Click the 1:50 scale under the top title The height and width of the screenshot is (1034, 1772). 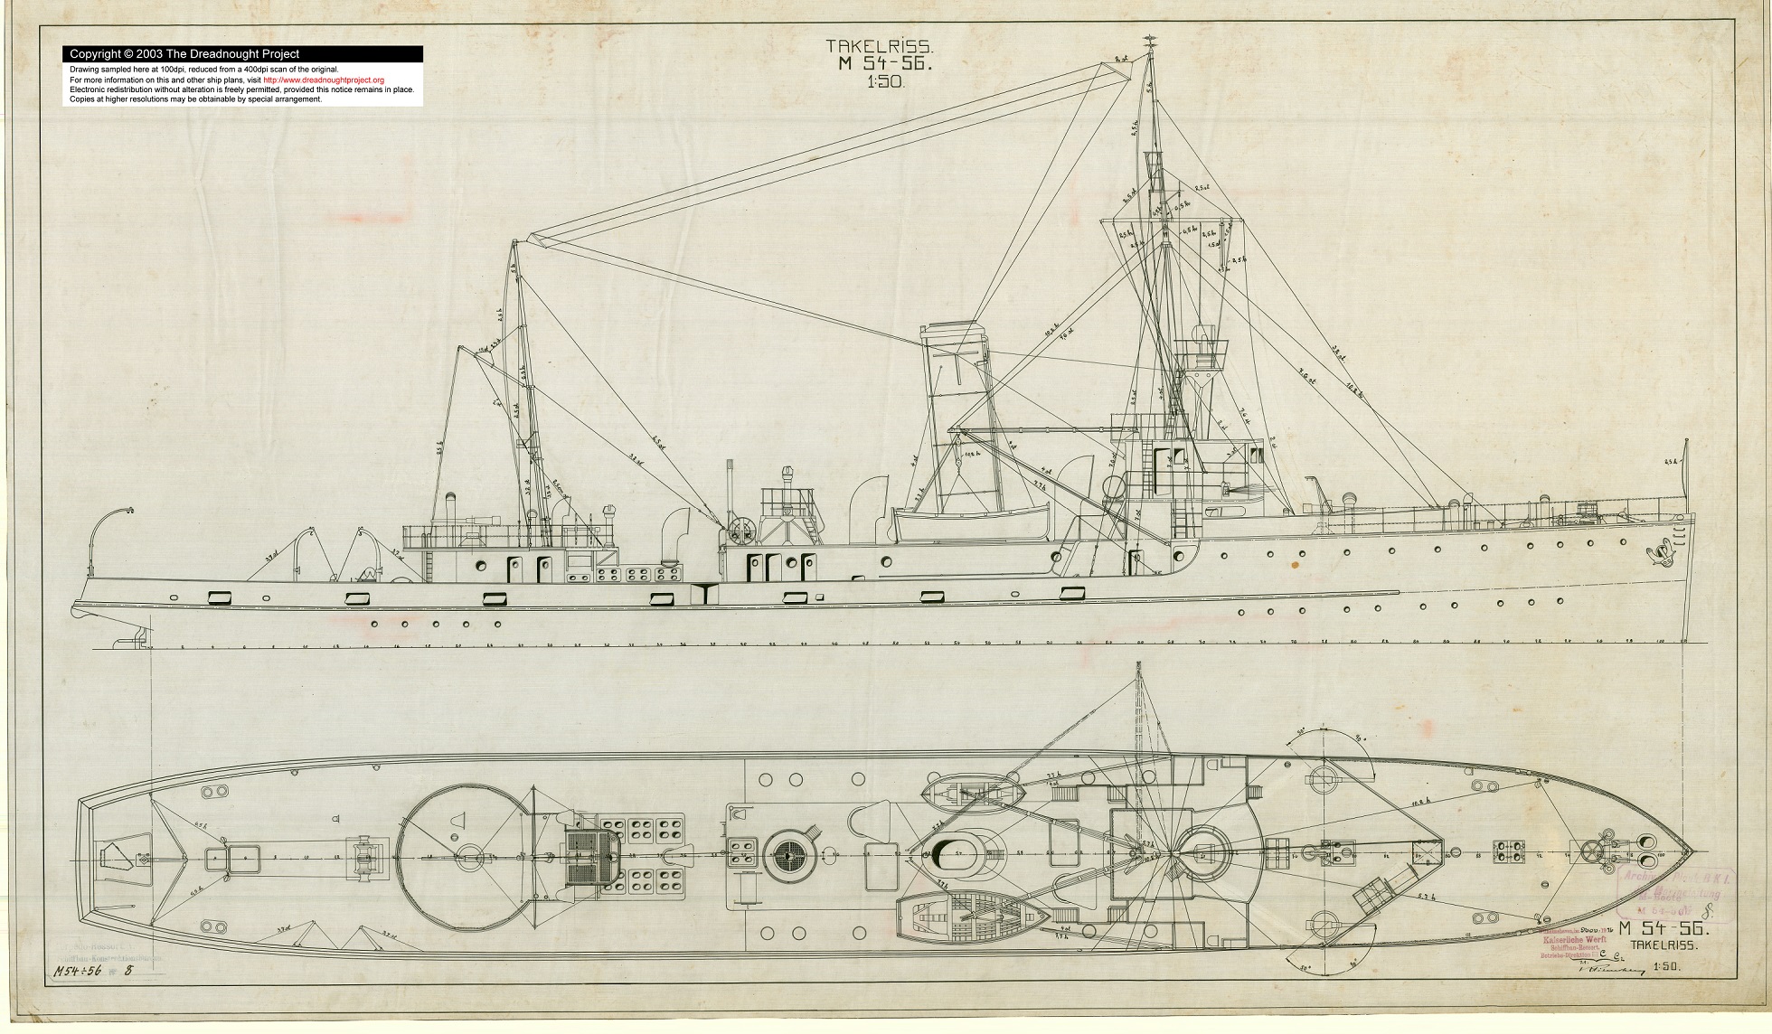[x=885, y=81]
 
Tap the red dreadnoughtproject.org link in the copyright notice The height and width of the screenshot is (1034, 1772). [x=324, y=80]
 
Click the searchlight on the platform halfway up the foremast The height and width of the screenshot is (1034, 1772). [x=1202, y=338]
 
